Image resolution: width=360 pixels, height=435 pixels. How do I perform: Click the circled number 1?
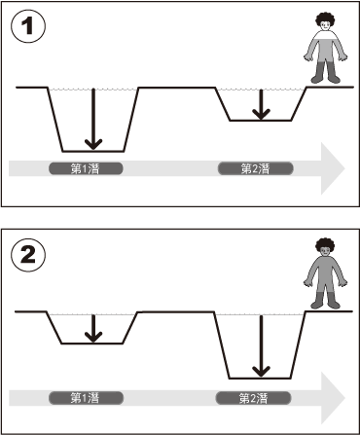pyautogui.click(x=28, y=26)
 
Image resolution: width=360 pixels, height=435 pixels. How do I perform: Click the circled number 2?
pyautogui.click(x=28, y=256)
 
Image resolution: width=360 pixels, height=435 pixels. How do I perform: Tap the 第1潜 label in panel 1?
pyautogui.click(x=86, y=168)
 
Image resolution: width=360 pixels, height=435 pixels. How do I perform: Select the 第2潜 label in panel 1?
pyautogui.click(x=256, y=168)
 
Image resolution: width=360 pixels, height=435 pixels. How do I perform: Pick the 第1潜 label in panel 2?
pyautogui.click(x=86, y=398)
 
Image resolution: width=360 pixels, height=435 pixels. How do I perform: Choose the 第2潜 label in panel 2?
pyautogui.click(x=253, y=398)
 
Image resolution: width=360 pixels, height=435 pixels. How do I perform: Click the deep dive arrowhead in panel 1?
pyautogui.click(x=93, y=144)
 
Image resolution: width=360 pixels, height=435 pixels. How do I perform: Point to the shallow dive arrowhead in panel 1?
pyautogui.click(x=261, y=114)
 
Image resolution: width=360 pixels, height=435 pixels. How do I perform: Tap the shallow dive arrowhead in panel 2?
pyautogui.click(x=93, y=337)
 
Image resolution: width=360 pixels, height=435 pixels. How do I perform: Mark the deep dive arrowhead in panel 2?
pyautogui.click(x=261, y=372)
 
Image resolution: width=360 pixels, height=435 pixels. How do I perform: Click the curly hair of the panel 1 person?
pyautogui.click(x=325, y=18)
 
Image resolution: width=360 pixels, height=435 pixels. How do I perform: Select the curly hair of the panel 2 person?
pyautogui.click(x=325, y=245)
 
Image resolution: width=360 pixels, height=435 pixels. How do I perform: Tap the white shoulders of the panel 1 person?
pyautogui.click(x=325, y=35)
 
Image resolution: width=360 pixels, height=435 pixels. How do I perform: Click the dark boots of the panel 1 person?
pyautogui.click(x=325, y=72)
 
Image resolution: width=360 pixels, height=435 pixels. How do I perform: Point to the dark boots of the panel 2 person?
pyautogui.click(x=325, y=301)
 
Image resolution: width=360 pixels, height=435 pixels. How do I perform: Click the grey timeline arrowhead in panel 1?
pyautogui.click(x=331, y=168)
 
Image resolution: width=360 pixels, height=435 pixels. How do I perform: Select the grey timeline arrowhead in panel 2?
pyautogui.click(x=331, y=398)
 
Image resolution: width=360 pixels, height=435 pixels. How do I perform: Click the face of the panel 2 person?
pyautogui.click(x=325, y=251)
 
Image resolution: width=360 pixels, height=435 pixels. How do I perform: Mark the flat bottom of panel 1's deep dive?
pyautogui.click(x=93, y=151)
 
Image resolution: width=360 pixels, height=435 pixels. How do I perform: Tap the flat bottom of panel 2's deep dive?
pyautogui.click(x=260, y=379)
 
